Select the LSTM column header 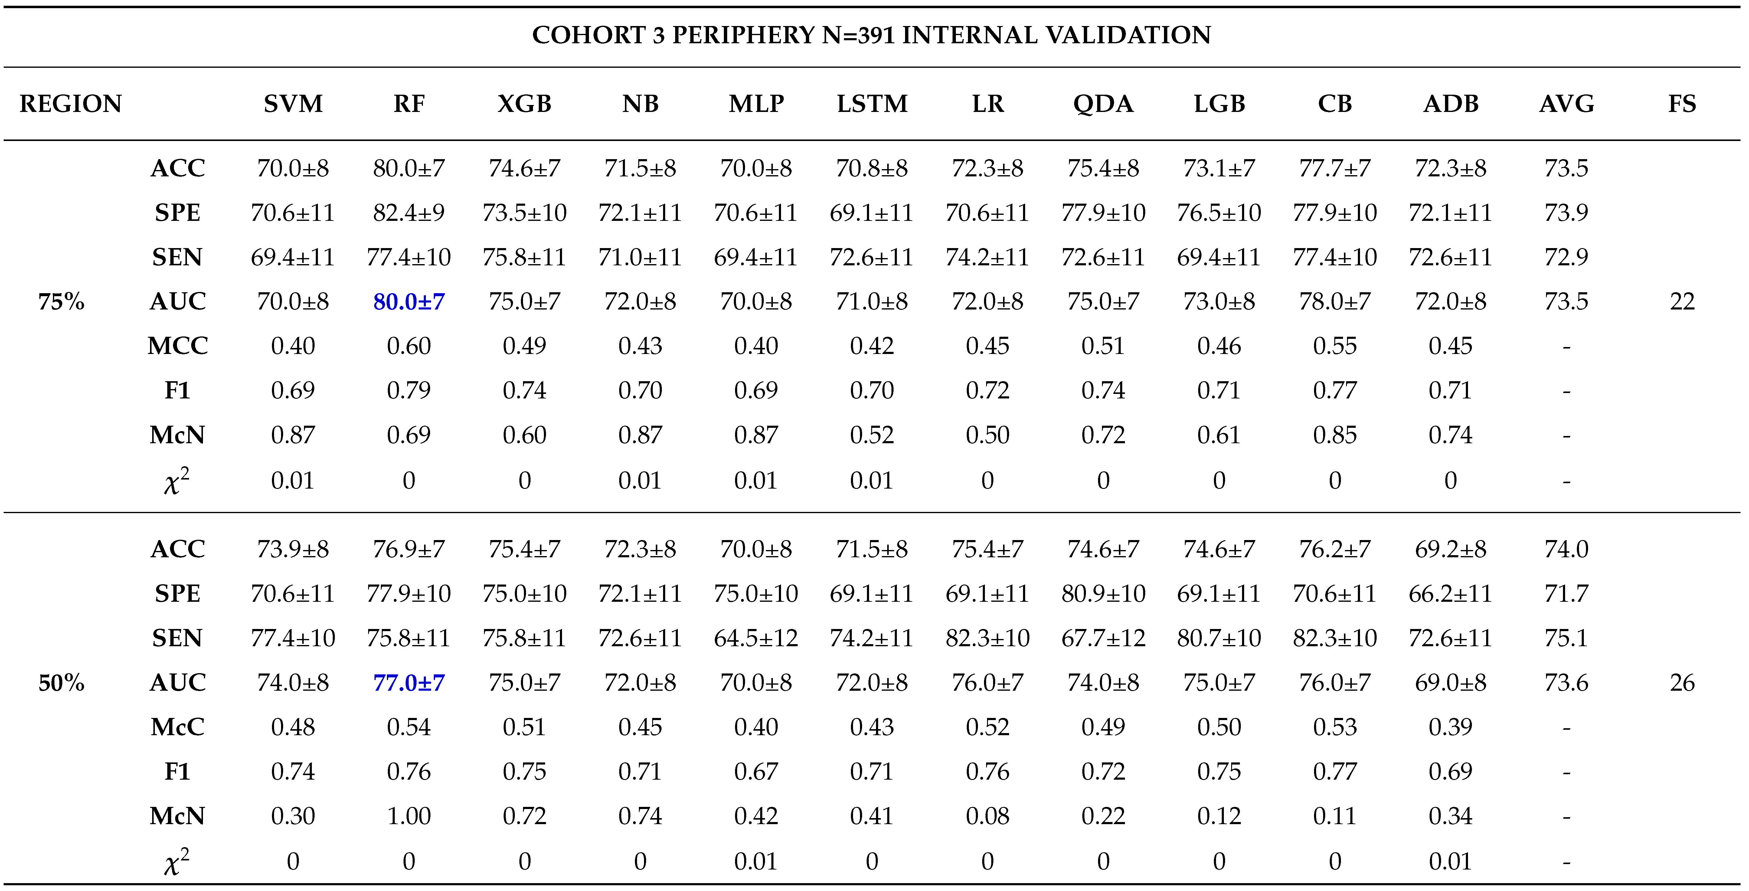872,104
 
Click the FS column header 1682,104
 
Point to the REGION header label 70,104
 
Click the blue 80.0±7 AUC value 409,302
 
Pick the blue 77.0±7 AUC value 409,683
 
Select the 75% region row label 61,302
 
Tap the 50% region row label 61,683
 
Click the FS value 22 1682,302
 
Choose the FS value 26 1682,683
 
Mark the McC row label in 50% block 177,727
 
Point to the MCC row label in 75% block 177,346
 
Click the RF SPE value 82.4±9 409,213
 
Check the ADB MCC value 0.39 1450,727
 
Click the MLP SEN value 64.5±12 756,638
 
